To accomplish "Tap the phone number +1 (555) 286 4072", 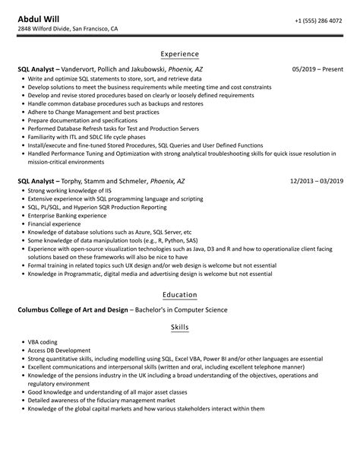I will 317,18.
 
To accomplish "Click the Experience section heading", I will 180,54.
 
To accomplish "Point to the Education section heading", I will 180,294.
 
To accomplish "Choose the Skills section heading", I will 180,327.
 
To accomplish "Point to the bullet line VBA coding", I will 43,342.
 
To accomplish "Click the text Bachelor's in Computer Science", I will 195,309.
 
